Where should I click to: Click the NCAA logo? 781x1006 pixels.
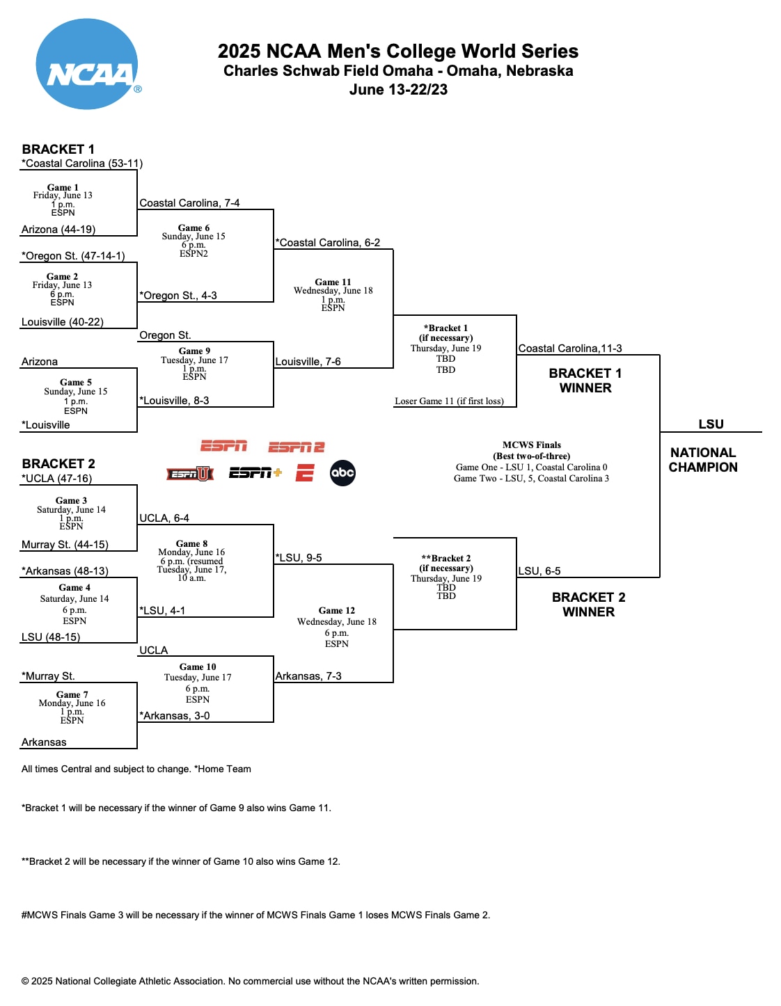[x=87, y=64]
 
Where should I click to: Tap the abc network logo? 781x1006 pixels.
[x=342, y=473]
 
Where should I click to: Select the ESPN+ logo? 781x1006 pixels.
[x=255, y=473]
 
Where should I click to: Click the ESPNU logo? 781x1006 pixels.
[x=189, y=474]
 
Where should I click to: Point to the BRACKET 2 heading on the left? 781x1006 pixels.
[x=58, y=463]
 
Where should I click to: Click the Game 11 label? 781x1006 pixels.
[x=333, y=282]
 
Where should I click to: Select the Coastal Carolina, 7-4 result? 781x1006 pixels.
[x=189, y=203]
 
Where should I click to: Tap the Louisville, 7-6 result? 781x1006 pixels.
[x=308, y=362]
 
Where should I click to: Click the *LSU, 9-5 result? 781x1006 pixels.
[x=298, y=558]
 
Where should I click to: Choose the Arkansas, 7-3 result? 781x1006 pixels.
[x=308, y=676]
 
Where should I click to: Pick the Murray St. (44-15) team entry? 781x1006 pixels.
[x=65, y=545]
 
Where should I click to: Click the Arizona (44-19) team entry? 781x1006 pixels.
[x=58, y=230]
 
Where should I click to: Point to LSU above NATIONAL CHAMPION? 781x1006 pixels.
[x=711, y=424]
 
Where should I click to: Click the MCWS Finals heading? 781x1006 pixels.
[x=532, y=445]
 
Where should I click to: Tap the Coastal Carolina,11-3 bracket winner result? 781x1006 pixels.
[x=570, y=349]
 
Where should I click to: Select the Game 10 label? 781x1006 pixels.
[x=198, y=666]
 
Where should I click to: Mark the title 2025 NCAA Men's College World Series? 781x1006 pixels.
[x=397, y=51]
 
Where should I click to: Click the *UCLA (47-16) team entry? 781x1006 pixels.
[x=56, y=479]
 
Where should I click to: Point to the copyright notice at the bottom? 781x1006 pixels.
[x=250, y=981]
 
